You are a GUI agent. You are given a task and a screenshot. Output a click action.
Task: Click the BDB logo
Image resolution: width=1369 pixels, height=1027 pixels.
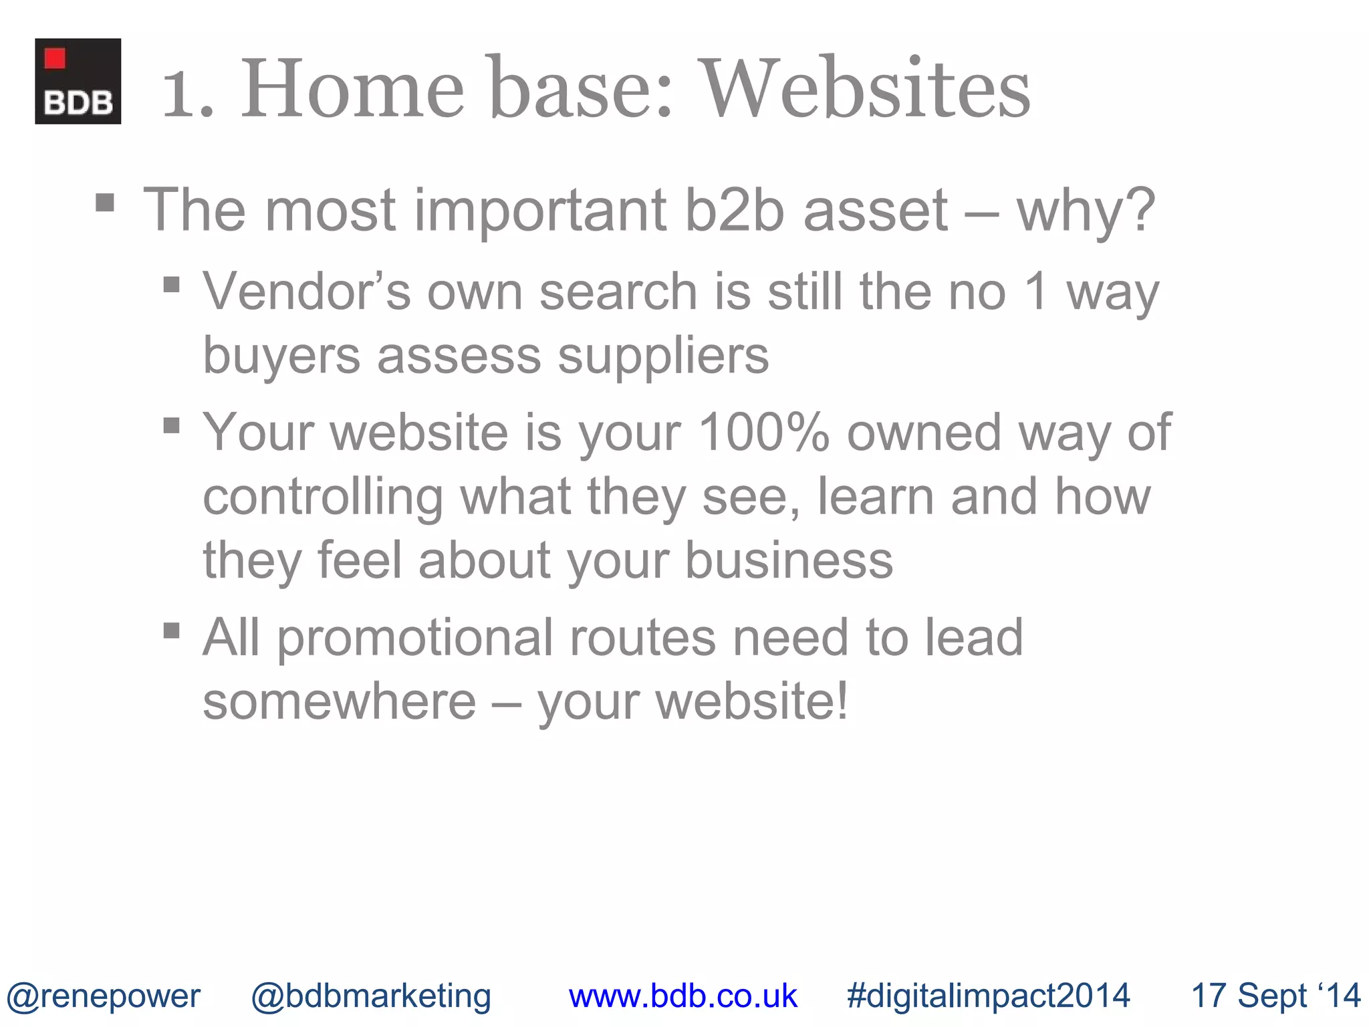coord(78,81)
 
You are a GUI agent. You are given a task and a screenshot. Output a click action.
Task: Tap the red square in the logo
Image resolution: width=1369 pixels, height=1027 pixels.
coord(55,59)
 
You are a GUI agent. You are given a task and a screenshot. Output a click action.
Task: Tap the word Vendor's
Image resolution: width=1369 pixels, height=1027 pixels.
coord(307,292)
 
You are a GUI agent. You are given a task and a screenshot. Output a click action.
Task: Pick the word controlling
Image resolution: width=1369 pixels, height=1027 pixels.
coord(323,496)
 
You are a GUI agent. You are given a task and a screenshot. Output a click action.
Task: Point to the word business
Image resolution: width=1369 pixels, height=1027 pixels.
coord(789,560)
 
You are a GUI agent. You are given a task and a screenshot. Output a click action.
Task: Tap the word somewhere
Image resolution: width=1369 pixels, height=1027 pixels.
coord(339,701)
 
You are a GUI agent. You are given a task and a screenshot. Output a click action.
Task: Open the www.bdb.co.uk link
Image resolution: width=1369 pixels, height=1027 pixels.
coord(682,996)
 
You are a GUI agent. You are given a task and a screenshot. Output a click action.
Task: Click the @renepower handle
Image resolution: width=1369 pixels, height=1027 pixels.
coord(103,996)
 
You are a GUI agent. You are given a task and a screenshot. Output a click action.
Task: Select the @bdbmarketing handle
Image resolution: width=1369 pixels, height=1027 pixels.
coord(371,996)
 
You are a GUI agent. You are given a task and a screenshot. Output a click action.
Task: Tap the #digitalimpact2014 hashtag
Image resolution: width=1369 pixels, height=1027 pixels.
coord(988,996)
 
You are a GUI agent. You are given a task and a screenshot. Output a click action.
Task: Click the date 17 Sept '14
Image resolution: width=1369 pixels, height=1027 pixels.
coord(1275,996)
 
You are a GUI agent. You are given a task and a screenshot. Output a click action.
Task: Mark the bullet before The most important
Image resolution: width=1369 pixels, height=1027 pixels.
coord(105,203)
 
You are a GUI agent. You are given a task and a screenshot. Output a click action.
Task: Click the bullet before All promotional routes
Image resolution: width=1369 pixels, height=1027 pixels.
coord(172,631)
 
